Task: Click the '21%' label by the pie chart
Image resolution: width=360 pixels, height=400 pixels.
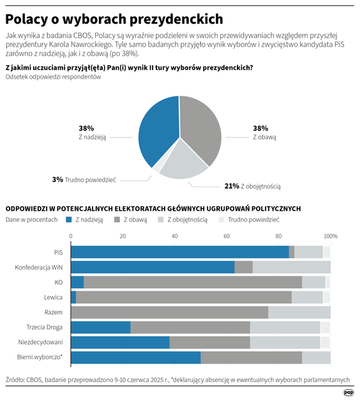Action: (231, 187)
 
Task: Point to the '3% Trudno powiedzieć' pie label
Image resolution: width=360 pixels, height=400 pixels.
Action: (84, 180)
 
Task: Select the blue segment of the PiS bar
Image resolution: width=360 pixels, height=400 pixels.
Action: (179, 252)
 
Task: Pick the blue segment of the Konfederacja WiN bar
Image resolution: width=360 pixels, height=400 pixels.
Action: (153, 267)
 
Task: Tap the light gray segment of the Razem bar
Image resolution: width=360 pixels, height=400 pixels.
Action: (299, 312)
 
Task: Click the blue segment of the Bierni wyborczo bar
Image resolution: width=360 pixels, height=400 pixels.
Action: (135, 357)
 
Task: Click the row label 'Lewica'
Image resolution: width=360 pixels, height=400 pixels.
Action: (53, 297)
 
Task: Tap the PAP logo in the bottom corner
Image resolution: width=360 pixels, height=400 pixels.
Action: (349, 392)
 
